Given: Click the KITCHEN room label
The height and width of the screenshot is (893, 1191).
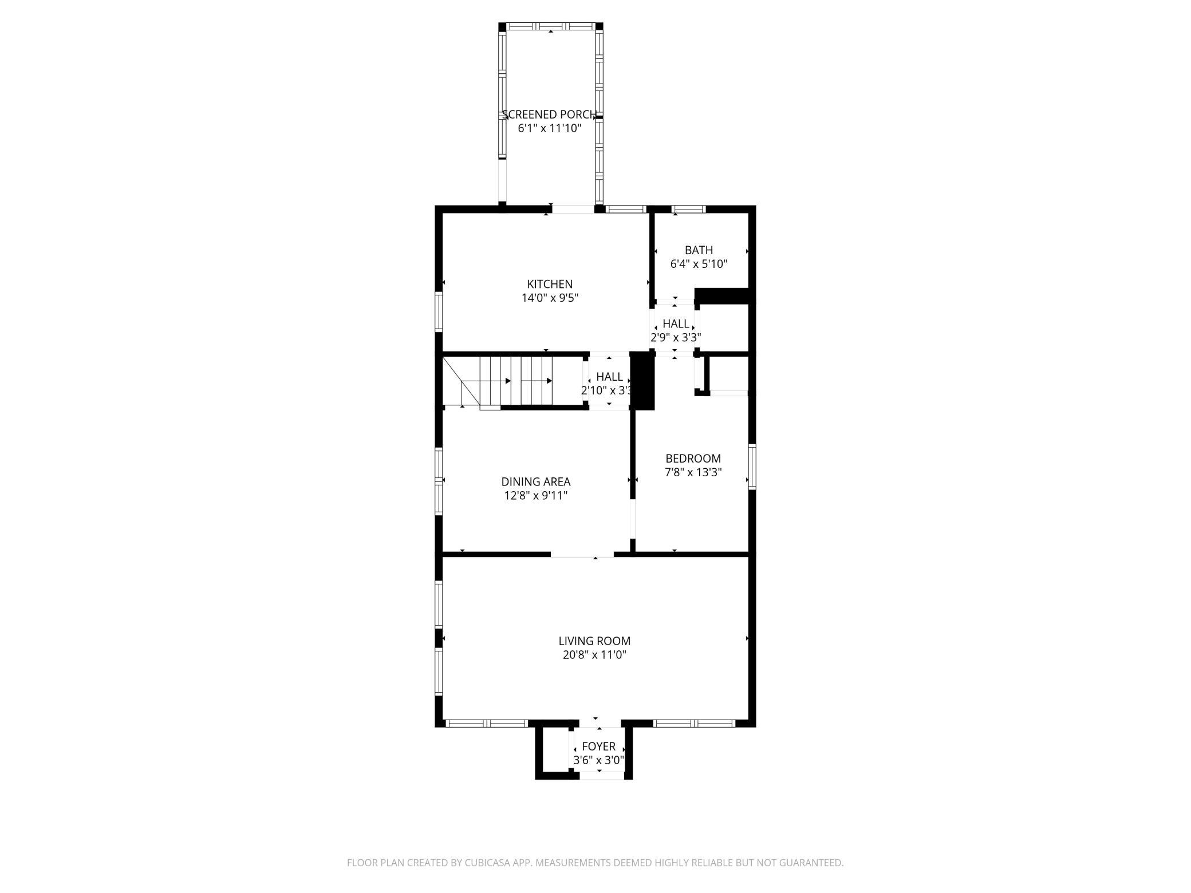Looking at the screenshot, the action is pos(550,284).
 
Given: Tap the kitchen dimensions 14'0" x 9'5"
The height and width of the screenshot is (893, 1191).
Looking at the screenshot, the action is pos(550,298).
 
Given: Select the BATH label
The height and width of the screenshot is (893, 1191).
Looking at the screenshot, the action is pos(699,250).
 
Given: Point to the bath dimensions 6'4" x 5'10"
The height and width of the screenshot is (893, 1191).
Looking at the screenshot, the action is pos(699,264).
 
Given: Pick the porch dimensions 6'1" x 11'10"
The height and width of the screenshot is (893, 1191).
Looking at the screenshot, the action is pos(550,128).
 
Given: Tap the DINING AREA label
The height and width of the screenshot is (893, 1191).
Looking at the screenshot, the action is pos(536,482).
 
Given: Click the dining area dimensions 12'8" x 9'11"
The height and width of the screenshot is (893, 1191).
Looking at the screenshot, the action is pos(536,496).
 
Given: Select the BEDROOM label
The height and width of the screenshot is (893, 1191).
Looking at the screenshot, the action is pos(693,459).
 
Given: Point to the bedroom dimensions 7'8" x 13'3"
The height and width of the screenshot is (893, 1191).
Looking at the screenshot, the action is pos(693,472).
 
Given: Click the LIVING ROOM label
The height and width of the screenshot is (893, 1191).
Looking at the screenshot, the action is pos(594,641).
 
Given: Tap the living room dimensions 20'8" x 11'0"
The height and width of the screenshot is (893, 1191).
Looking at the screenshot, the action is pos(594,655).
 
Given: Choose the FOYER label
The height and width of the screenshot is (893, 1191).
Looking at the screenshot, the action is pos(598,746).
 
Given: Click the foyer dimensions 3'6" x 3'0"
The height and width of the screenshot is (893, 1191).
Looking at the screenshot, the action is pos(598,760).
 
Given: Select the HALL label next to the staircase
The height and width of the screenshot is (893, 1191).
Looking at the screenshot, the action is pos(609,377).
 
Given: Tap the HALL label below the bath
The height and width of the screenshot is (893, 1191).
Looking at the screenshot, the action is pos(676,324).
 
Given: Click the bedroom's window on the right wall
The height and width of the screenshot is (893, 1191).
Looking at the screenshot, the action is pos(752,467).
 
